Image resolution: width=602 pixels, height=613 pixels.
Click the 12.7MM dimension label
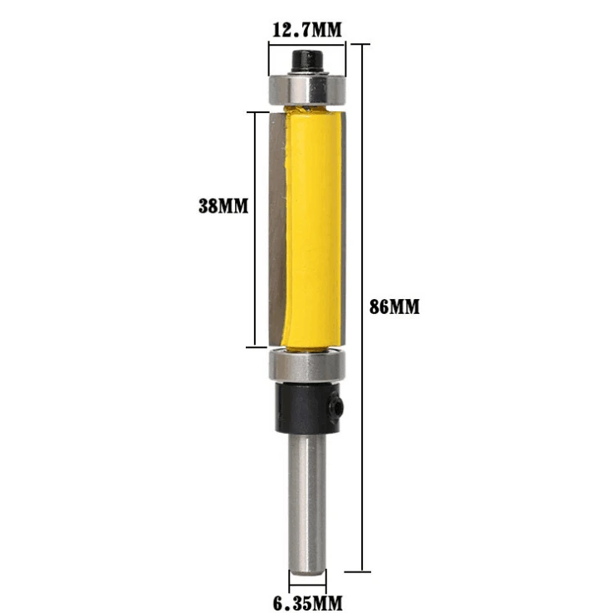(x=307, y=30)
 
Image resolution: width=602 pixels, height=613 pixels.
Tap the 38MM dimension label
(x=223, y=206)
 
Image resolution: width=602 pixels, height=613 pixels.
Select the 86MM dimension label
(x=394, y=306)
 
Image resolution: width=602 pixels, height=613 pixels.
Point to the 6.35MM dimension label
(x=308, y=603)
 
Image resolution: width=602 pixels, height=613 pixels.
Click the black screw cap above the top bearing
(x=307, y=60)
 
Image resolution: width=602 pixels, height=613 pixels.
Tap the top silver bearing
(x=307, y=90)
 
